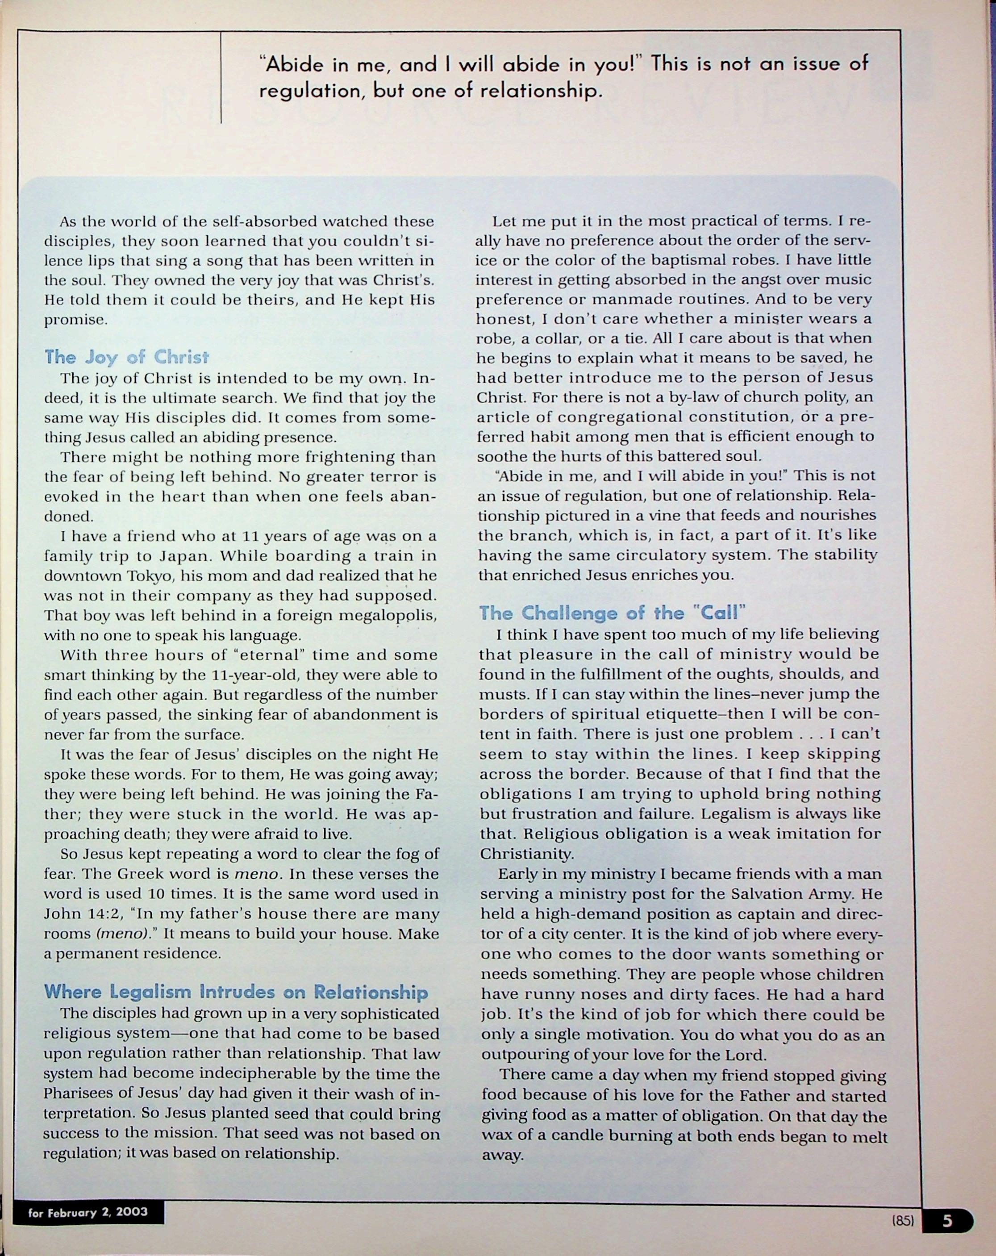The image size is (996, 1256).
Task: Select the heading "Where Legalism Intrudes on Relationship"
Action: [236, 992]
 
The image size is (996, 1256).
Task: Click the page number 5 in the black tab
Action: [948, 1220]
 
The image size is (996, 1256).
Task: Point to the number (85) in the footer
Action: [903, 1220]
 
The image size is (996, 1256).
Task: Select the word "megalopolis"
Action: [388, 616]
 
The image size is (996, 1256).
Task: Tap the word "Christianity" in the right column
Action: [526, 854]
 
